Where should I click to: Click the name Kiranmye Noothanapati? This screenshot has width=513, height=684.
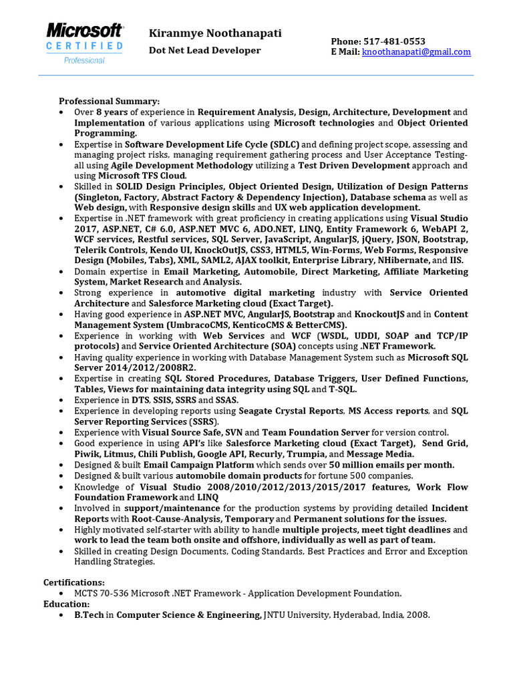tap(215, 33)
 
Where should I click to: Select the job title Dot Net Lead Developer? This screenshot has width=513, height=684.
tap(204, 51)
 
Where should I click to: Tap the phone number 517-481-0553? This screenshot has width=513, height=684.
tap(394, 41)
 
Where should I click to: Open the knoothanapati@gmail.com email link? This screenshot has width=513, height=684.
tap(416, 51)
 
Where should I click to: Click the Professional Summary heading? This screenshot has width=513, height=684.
tap(110, 102)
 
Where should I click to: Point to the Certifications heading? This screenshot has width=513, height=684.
tap(74, 582)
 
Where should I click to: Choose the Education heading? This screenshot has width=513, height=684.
tap(67, 604)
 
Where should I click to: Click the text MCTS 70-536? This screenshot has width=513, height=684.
tap(101, 593)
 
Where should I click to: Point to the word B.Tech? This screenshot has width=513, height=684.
tap(90, 615)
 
